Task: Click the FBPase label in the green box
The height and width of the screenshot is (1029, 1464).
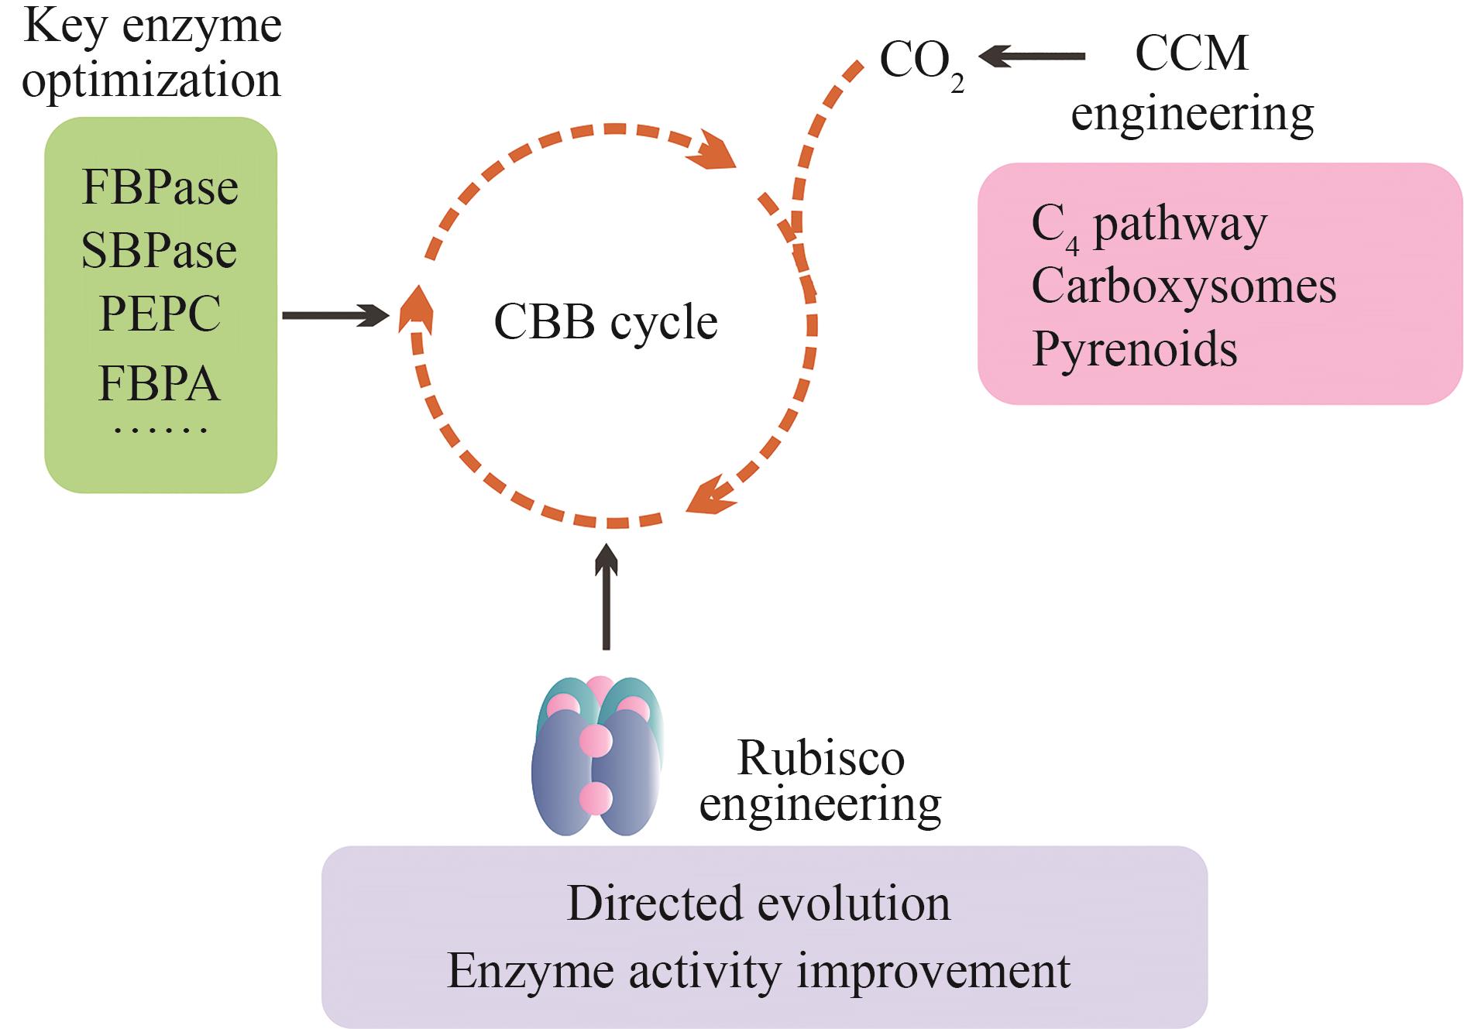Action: tap(160, 187)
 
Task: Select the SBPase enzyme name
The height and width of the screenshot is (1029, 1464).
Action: tap(159, 251)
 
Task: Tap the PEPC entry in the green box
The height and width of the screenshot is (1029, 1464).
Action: tap(160, 314)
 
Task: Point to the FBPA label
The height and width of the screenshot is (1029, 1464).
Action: tap(160, 383)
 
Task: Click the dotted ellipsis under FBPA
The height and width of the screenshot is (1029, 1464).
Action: tap(160, 428)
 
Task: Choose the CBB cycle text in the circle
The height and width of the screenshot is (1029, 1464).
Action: tap(606, 322)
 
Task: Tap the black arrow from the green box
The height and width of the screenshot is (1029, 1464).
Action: tap(335, 315)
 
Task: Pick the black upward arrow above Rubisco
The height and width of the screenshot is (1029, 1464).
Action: tap(607, 596)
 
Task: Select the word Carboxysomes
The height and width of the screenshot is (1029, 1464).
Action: tap(1184, 286)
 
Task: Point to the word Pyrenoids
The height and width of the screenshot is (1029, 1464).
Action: tap(1135, 349)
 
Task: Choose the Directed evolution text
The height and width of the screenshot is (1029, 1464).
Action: tap(758, 904)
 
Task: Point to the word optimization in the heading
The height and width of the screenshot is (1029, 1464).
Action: tap(151, 81)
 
